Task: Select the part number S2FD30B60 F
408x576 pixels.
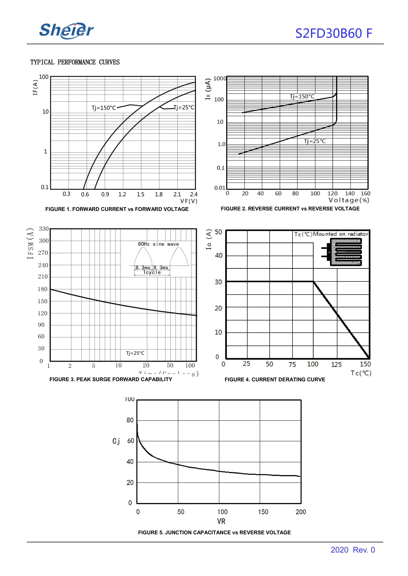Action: tap(333, 33)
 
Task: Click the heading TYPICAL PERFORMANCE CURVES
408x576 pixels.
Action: tap(75, 62)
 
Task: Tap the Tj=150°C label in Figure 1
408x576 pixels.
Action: tap(103, 108)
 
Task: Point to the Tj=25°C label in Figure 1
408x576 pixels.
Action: tap(184, 108)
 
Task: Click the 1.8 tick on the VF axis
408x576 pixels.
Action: tap(159, 194)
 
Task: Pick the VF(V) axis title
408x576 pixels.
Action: tap(189, 201)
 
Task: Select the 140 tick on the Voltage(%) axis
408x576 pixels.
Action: tap(350, 193)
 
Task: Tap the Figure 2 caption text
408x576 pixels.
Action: tap(290, 209)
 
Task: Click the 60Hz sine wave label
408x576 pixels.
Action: tap(158, 244)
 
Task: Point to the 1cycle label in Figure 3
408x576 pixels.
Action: tap(152, 272)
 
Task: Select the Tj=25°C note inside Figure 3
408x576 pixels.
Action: tap(135, 353)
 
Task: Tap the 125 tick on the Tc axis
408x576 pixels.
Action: tap(336, 364)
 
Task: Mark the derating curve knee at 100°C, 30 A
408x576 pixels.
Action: tap(313, 282)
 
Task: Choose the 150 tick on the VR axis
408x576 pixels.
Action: tap(263, 512)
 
